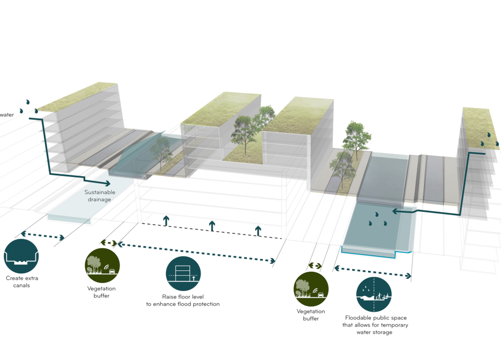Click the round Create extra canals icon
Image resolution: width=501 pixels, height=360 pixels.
(21, 256)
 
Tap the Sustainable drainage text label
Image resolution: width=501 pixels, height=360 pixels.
(100, 195)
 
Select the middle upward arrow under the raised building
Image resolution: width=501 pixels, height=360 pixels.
(212, 226)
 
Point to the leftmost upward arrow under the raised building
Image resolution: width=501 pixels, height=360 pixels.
(166, 221)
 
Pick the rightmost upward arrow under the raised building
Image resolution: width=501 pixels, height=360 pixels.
(258, 231)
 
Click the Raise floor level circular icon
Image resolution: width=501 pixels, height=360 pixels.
(183, 274)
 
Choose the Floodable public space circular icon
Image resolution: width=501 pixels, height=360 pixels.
(374, 294)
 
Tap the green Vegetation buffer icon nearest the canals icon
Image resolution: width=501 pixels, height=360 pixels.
(102, 266)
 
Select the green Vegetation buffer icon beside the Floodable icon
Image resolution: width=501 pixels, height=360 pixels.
(311, 289)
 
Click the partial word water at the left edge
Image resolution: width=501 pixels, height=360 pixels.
(7, 115)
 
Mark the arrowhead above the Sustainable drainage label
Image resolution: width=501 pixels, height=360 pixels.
(107, 183)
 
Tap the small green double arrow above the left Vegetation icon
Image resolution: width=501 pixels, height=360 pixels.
(109, 243)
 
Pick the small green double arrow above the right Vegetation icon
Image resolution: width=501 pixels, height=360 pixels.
(315, 266)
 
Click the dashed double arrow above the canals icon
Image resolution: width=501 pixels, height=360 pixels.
(43, 236)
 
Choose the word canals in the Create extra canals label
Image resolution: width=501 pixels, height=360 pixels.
(22, 285)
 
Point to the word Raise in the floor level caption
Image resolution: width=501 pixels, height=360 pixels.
(169, 297)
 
